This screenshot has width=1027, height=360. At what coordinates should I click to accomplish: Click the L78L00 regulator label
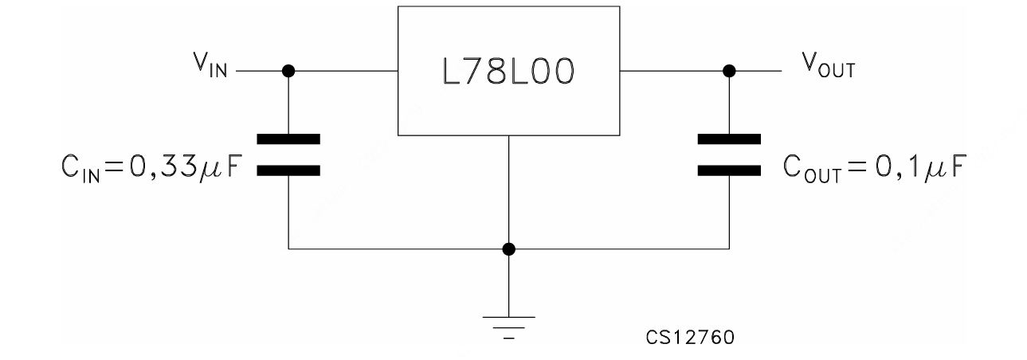tap(508, 71)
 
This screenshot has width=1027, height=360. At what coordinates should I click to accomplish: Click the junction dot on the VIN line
tap(288, 71)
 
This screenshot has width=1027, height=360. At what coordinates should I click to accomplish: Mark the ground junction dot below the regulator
tap(509, 249)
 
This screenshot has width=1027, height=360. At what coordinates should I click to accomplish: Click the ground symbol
tap(509, 325)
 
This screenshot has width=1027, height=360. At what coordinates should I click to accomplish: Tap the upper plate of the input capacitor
tap(288, 139)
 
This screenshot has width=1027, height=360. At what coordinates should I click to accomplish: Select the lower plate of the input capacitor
tap(288, 170)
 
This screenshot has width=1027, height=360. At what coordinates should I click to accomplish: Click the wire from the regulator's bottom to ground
tap(509, 191)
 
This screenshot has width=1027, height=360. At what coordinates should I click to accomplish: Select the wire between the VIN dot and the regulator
tap(343, 71)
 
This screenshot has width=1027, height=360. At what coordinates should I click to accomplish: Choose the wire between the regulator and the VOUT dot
tap(673, 71)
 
